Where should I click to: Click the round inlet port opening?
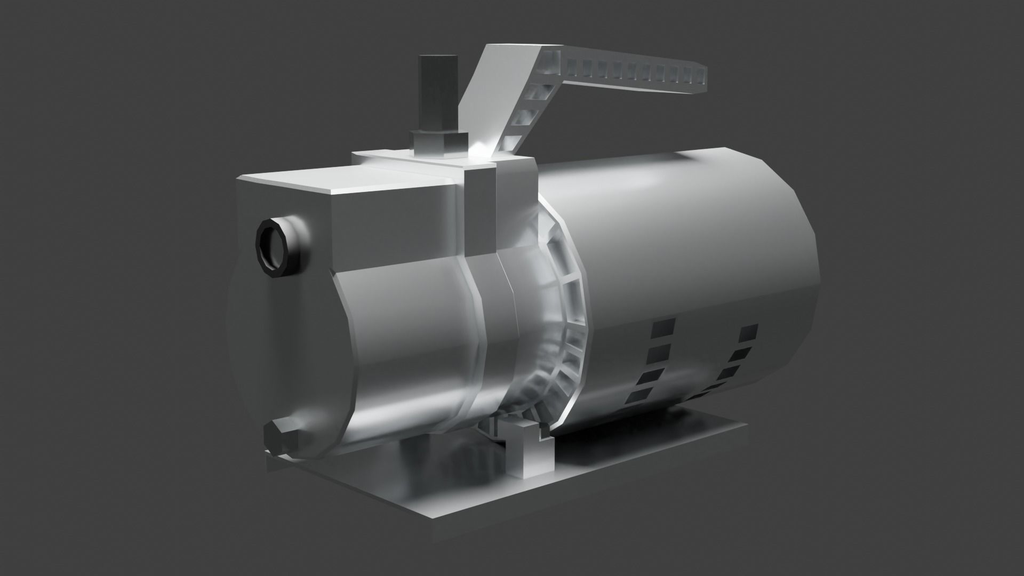273,249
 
